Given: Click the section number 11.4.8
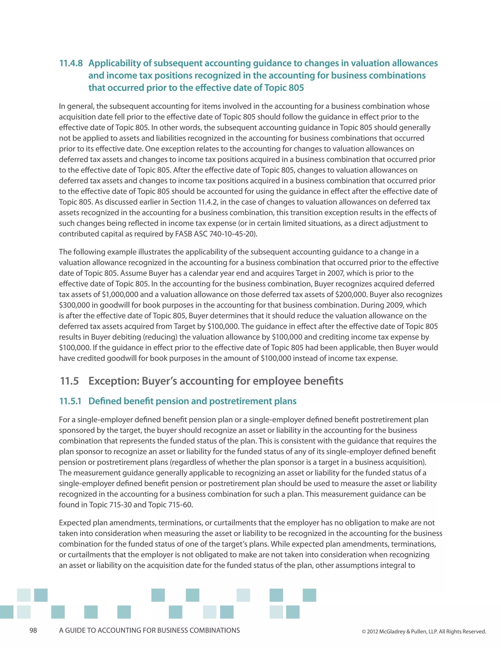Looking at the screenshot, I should [71, 63].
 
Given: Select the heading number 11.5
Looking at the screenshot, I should [69, 381].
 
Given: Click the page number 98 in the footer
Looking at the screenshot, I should [33, 630].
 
